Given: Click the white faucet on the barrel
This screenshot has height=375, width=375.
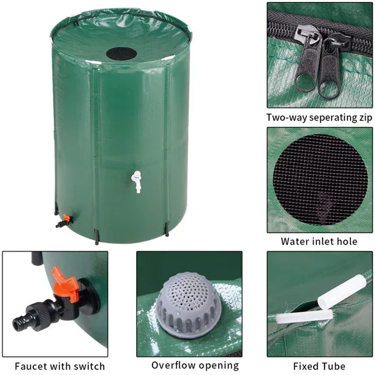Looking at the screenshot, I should (135, 182).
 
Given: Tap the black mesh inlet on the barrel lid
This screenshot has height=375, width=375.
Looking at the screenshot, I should (120, 53).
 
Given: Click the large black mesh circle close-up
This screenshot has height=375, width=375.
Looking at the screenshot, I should (319, 179).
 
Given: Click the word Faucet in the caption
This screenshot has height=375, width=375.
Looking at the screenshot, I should (32, 366).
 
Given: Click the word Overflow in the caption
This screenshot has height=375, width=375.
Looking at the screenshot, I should (173, 366).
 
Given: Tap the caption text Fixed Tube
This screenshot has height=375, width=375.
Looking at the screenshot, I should (319, 366).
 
